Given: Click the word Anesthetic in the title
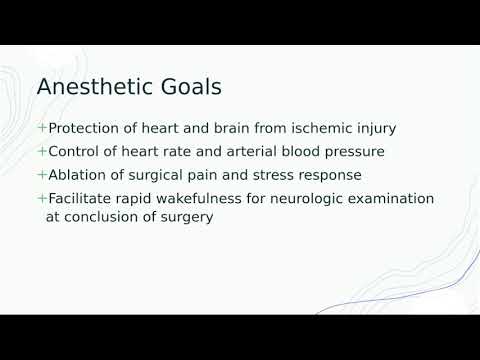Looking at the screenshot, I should click(x=95, y=87).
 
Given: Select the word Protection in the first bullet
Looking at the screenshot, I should click(x=86, y=129).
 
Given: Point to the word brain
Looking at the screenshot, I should click(x=240, y=129).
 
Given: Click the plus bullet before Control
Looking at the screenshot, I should click(x=41, y=152).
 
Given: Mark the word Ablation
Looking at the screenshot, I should click(x=79, y=175).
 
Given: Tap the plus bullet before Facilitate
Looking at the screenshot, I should click(x=41, y=198).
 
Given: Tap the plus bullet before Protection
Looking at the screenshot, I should click(x=41, y=129).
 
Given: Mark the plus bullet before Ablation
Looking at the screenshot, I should click(x=41, y=175).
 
